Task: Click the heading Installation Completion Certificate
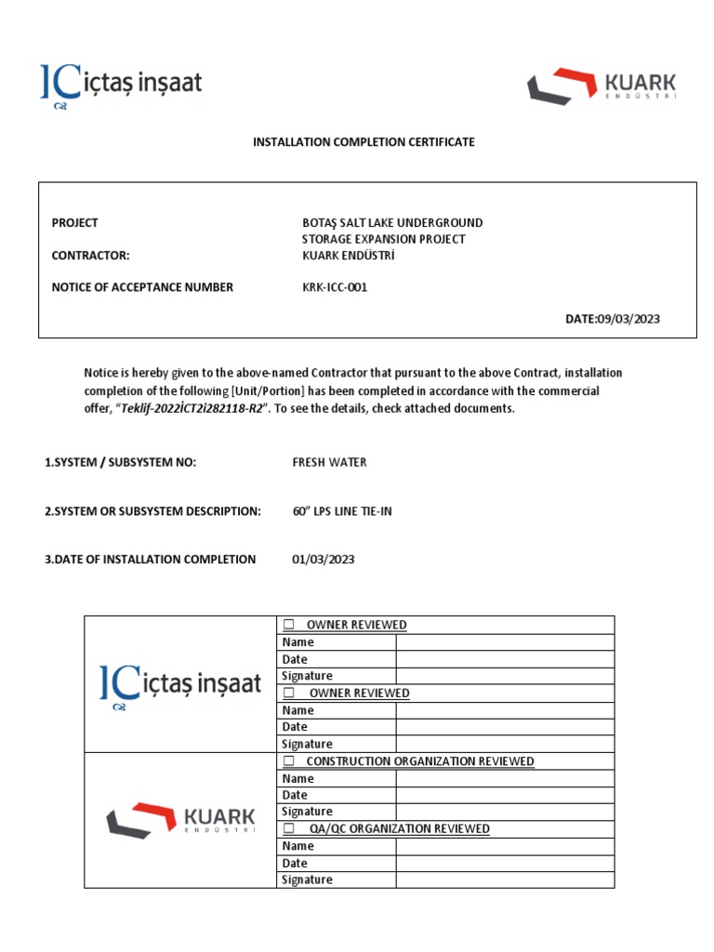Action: [x=364, y=142]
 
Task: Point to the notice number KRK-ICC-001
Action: [x=335, y=287]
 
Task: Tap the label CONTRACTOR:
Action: [x=90, y=256]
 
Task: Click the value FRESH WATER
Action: [x=329, y=462]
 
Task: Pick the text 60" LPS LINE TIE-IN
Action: [x=342, y=511]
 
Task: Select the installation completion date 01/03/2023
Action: [x=323, y=560]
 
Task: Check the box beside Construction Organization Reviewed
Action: [x=289, y=761]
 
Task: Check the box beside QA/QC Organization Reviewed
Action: [x=289, y=828]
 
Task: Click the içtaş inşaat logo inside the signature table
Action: [x=180, y=684]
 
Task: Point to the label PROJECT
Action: [x=74, y=223]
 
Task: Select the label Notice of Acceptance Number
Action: [x=142, y=287]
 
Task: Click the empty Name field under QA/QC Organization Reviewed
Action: [x=505, y=846]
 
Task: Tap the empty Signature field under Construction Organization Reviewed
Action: [x=505, y=812]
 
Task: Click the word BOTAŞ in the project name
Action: [x=322, y=223]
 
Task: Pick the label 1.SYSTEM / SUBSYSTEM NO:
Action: [x=120, y=462]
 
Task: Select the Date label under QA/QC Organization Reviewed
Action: [x=295, y=863]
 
